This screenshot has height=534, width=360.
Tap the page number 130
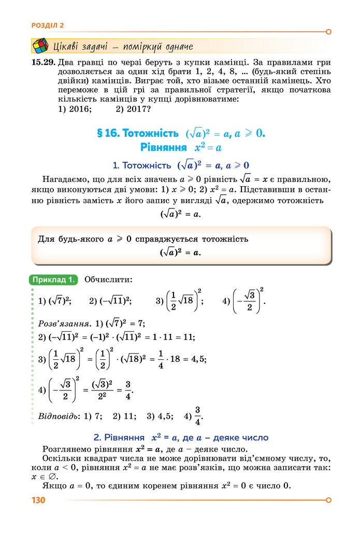(x=38, y=500)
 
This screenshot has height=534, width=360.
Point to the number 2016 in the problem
(x=79, y=109)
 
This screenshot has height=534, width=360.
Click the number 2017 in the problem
(x=137, y=109)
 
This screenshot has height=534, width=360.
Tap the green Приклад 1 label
(x=54, y=280)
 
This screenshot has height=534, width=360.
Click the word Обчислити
(x=108, y=280)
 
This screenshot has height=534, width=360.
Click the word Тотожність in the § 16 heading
(x=151, y=133)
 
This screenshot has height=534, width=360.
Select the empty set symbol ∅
(x=53, y=476)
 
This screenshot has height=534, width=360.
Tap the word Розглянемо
(x=67, y=449)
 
